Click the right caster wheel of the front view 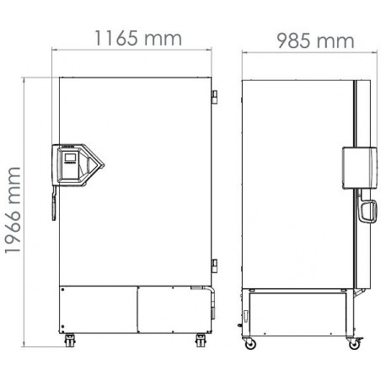tap(201, 340)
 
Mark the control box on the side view tap(357, 166)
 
